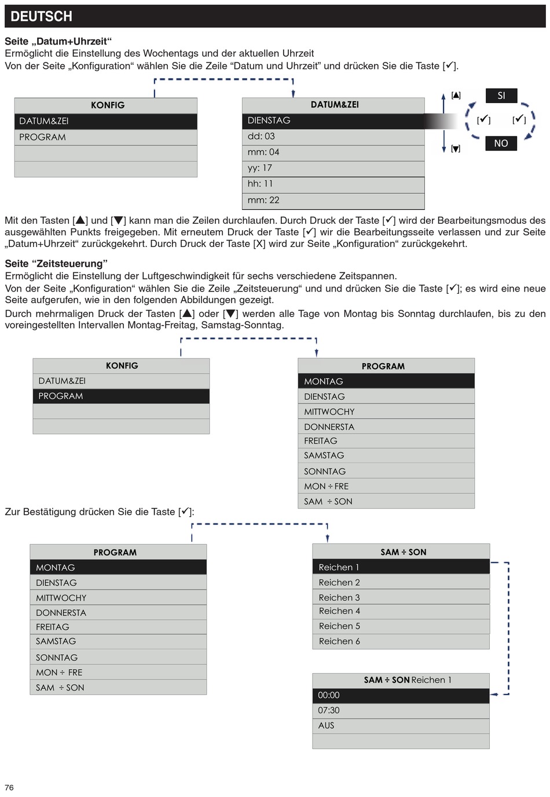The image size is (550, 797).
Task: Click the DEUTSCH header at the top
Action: click(x=42, y=16)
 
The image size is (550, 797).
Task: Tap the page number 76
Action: click(x=9, y=787)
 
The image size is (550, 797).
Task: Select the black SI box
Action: click(x=501, y=95)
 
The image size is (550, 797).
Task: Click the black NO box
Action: click(x=501, y=143)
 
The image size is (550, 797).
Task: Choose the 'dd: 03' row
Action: click(x=333, y=136)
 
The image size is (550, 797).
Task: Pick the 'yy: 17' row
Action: click(x=333, y=168)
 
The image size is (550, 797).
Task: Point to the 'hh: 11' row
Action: click(x=333, y=184)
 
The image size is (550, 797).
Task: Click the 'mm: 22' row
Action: click(x=333, y=200)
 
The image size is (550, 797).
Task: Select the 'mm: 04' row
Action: click(x=333, y=152)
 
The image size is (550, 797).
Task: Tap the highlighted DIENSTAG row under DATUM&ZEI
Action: click(x=333, y=120)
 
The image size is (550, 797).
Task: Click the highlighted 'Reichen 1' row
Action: click(x=401, y=567)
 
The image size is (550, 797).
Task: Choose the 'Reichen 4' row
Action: click(x=401, y=611)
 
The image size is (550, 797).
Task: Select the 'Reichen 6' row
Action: click(x=401, y=641)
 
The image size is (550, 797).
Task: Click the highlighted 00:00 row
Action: click(x=401, y=695)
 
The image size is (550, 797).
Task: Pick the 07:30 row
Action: click(x=401, y=710)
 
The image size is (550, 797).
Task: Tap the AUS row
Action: click(x=401, y=725)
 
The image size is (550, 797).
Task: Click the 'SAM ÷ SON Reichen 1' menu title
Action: click(x=408, y=680)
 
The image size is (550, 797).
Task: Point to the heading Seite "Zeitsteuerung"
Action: click(x=56, y=264)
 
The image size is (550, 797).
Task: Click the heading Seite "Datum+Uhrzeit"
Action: click(x=58, y=41)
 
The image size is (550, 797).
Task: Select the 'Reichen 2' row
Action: click(x=401, y=582)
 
